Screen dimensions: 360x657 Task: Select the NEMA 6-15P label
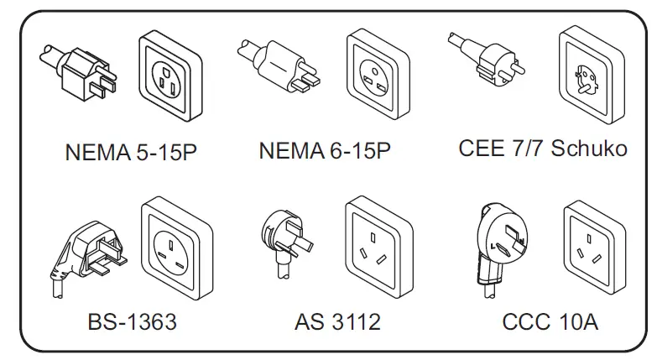coord(325,151)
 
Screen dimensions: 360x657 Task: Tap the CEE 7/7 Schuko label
coord(543,149)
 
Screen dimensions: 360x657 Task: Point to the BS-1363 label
coord(132,321)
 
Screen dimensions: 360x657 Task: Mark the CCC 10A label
coord(550,321)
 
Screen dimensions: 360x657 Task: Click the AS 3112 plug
coord(285,239)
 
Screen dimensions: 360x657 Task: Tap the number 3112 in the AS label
coord(355,321)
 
